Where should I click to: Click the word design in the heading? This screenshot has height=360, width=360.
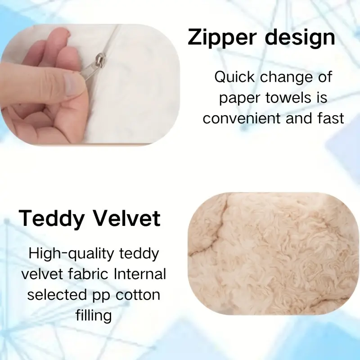click(300, 38)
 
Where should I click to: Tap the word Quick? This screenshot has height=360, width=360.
click(234, 77)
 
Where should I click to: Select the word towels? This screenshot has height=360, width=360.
click(288, 98)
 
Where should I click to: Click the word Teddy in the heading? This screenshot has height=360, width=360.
click(51, 219)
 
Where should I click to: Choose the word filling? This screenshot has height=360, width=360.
click(94, 316)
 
